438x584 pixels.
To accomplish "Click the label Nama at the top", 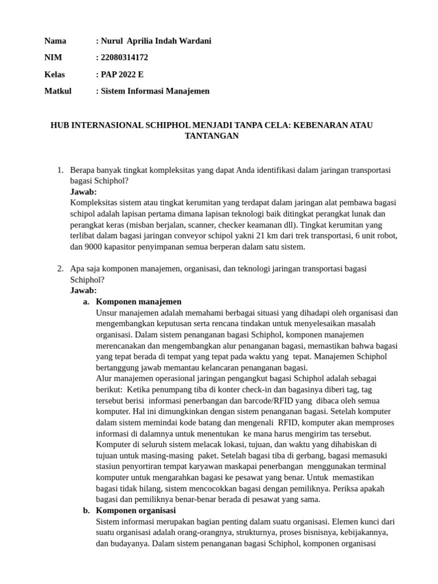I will pyautogui.click(x=55, y=41).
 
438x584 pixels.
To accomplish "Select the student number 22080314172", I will pyautogui.click(x=123, y=58).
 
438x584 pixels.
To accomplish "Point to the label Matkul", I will pyautogui.click(x=58, y=91).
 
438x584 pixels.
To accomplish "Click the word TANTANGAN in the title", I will pyautogui.click(x=212, y=136).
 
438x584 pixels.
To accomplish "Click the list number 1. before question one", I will pyautogui.click(x=60, y=171).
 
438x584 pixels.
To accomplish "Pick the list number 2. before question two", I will pyautogui.click(x=60, y=268).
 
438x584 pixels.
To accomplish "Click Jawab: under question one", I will pyautogui.click(x=83, y=192).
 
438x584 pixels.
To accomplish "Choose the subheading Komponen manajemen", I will pyautogui.click(x=139, y=302).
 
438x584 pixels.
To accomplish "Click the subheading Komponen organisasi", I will pyautogui.click(x=136, y=510).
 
